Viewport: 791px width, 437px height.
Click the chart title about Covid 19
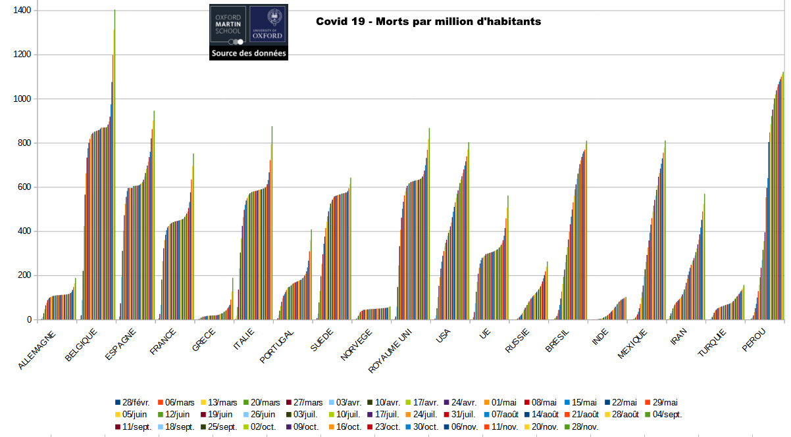click(428, 22)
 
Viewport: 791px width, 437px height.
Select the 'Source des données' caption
click(249, 53)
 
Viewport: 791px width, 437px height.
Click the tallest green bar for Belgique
click(115, 164)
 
